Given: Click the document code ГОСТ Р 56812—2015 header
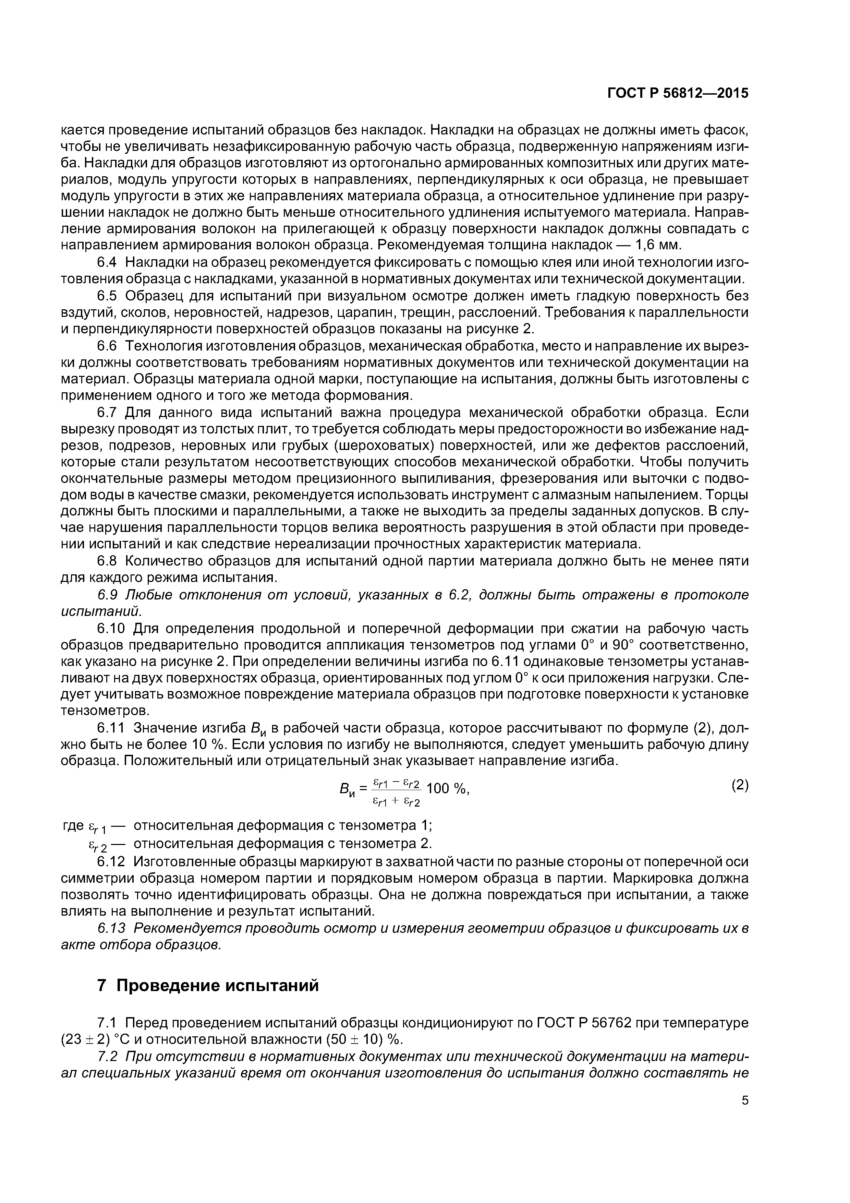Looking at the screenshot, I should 678,93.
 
